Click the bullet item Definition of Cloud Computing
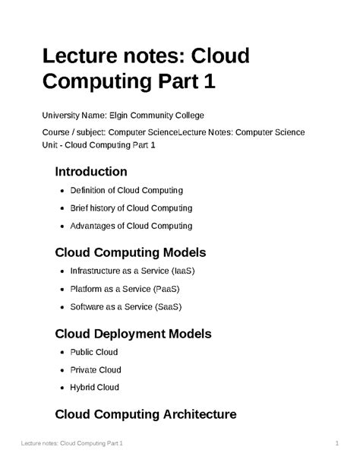(x=126, y=190)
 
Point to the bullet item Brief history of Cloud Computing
(x=131, y=208)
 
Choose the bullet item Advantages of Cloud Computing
(x=131, y=225)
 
